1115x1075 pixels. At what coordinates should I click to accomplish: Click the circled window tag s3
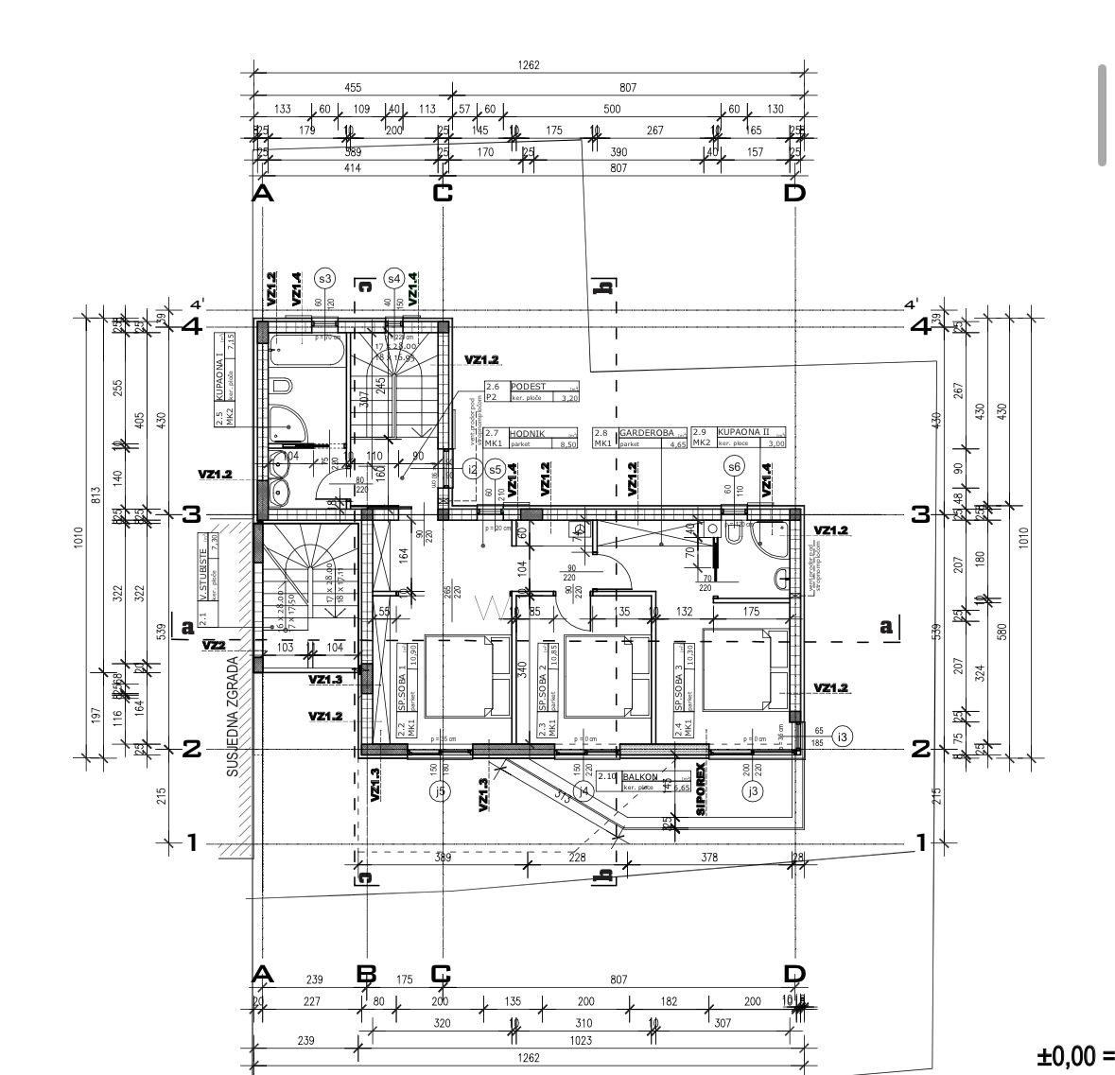[324, 278]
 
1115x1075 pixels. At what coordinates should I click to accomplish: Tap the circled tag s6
[734, 466]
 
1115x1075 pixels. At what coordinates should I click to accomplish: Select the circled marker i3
[845, 737]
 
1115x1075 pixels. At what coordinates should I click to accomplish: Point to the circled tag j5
[438, 790]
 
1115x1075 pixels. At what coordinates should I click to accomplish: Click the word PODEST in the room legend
[528, 387]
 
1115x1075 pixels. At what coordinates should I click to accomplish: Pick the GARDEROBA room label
[646, 432]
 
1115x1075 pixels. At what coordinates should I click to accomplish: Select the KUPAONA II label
[743, 432]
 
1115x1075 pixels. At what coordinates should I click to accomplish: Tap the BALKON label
[641, 776]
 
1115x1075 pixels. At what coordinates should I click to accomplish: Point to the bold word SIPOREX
[701, 789]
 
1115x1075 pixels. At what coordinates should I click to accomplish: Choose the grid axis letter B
[366, 974]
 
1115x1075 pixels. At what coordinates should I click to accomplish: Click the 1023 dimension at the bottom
[582, 1040]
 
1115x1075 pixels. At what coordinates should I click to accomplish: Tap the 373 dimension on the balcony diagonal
[564, 796]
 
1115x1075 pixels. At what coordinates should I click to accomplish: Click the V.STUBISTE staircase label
[202, 575]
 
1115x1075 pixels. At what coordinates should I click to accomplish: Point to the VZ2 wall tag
[214, 645]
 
